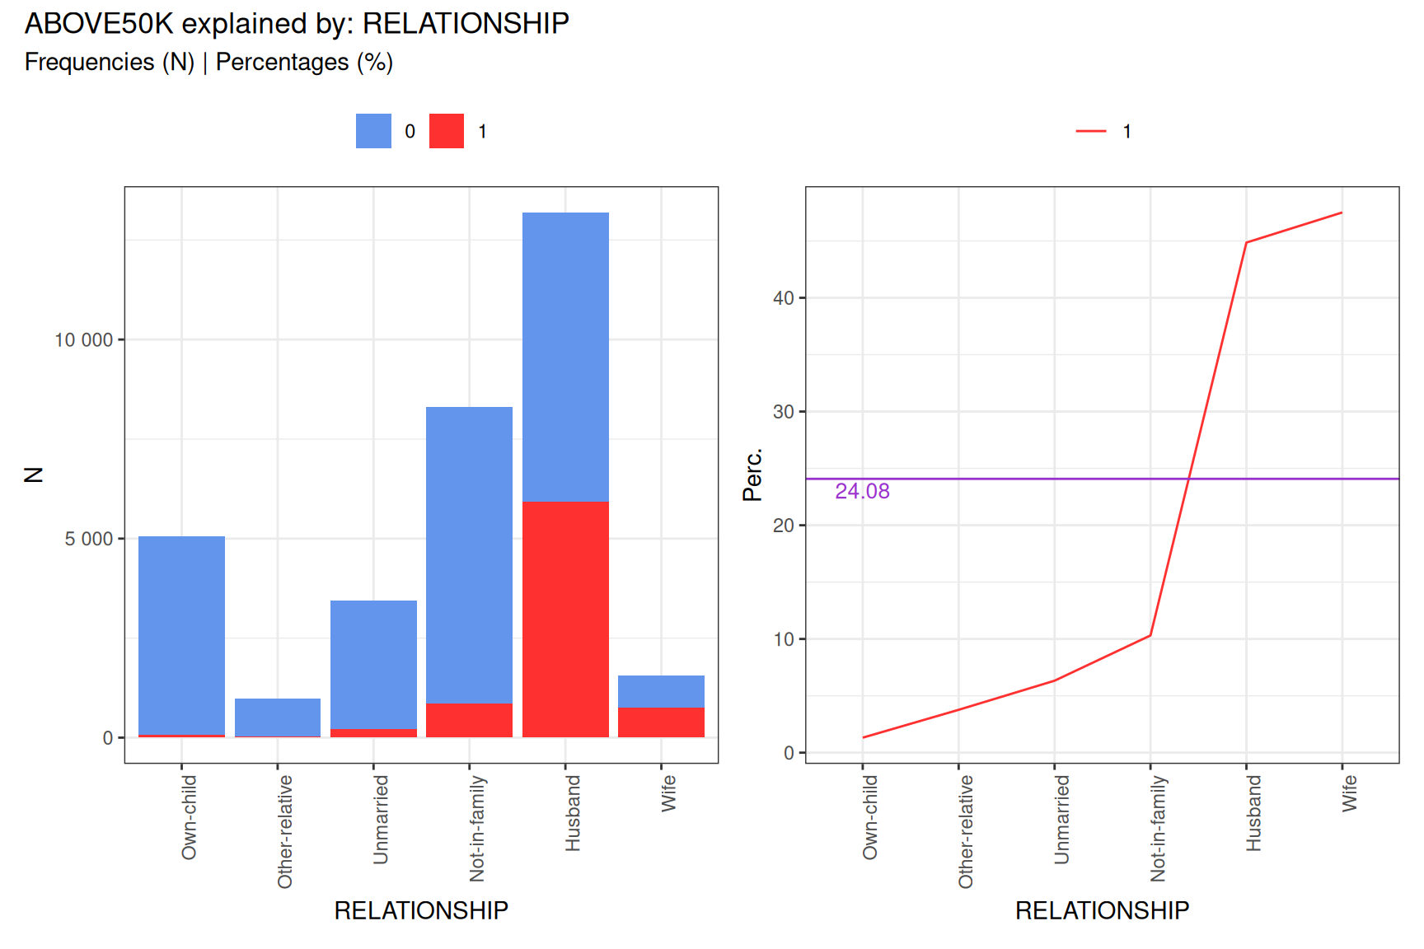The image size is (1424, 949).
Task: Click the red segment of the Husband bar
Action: point(565,619)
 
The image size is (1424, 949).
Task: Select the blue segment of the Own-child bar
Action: point(181,634)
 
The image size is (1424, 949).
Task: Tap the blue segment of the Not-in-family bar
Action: point(469,554)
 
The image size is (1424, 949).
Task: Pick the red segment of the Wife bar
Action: point(661,722)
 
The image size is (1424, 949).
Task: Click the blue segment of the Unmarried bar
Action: point(373,664)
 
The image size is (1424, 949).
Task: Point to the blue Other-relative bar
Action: point(278,717)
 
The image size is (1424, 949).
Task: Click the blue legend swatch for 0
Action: point(373,131)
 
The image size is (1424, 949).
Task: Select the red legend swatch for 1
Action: point(447,131)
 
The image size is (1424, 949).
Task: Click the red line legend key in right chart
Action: point(1091,131)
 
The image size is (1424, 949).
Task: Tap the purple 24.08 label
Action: point(862,491)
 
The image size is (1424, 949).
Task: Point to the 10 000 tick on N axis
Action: point(83,340)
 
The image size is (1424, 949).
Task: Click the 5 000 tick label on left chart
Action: point(89,539)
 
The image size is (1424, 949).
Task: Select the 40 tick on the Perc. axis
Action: point(783,298)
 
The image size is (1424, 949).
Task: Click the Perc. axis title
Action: point(752,474)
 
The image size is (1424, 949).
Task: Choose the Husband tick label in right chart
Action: point(1253,813)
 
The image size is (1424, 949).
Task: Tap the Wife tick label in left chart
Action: point(668,793)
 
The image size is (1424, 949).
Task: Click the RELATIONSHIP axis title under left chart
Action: point(421,910)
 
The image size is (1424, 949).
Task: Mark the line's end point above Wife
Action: point(1342,213)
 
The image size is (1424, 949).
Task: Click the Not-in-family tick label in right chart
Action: point(1158,828)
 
